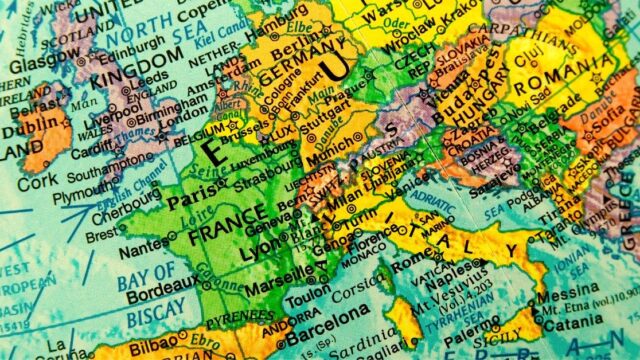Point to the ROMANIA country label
click(x=561, y=71)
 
